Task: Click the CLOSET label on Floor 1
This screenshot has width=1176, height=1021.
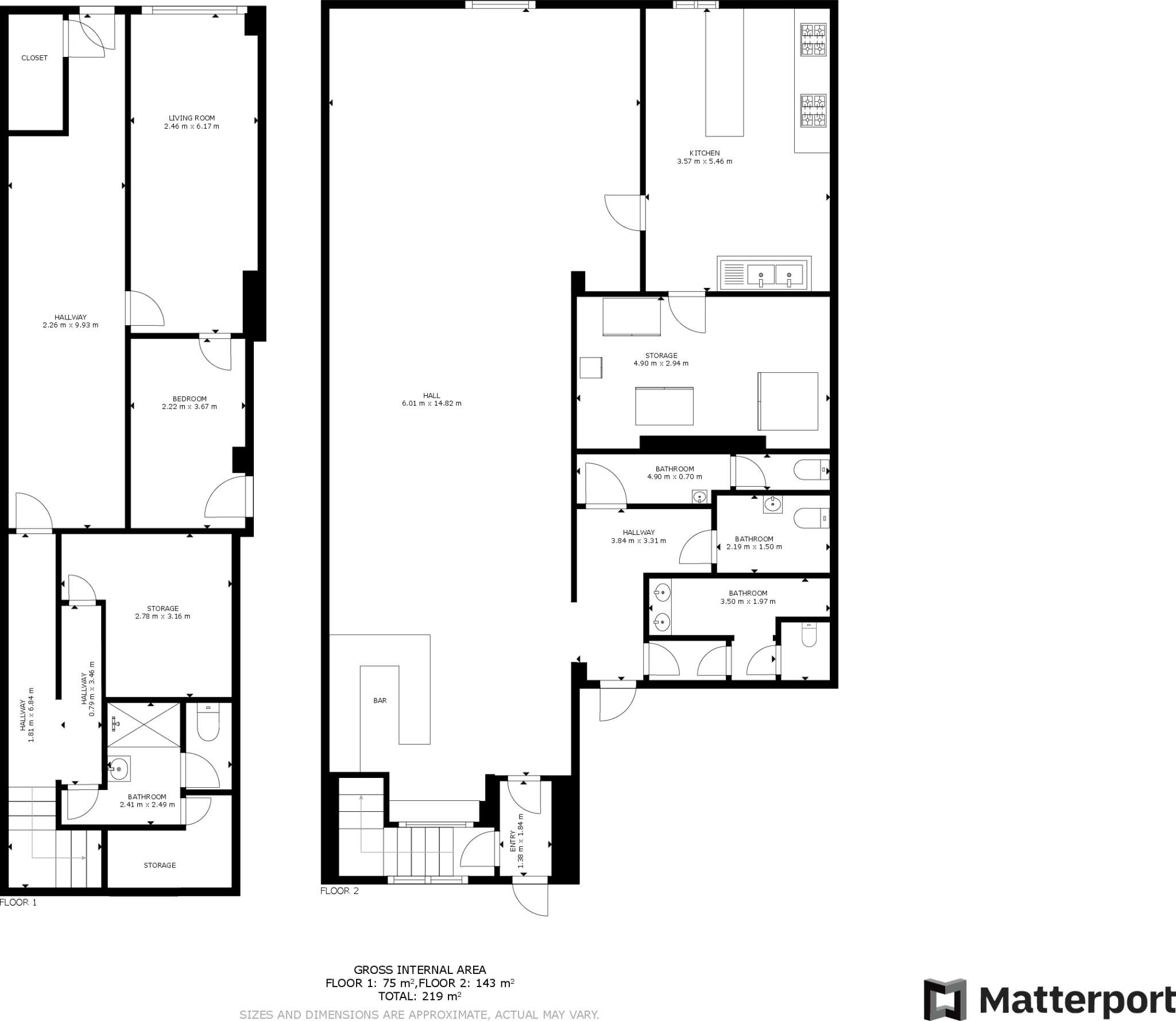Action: pos(34,58)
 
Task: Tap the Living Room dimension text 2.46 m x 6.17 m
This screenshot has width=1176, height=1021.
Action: pos(191,126)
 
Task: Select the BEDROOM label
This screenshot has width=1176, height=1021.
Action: pos(189,399)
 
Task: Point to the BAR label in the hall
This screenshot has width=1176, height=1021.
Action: pos(380,700)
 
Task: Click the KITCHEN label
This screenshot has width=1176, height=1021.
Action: pos(705,153)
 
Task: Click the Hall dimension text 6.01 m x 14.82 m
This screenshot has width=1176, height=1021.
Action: pos(431,403)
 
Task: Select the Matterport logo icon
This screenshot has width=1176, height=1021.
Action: pos(945,1000)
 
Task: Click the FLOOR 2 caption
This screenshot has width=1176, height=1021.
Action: pos(339,891)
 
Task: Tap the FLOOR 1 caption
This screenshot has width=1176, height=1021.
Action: pos(18,902)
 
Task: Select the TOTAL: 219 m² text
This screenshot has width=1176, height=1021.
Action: pos(419,996)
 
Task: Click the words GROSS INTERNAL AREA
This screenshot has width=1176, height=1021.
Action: pos(419,970)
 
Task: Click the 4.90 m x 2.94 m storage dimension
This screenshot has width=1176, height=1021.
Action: pos(661,364)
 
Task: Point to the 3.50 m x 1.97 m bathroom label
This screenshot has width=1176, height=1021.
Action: pos(748,602)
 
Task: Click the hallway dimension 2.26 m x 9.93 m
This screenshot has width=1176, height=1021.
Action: pos(70,325)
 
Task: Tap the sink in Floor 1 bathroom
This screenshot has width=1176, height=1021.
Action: pos(119,768)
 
